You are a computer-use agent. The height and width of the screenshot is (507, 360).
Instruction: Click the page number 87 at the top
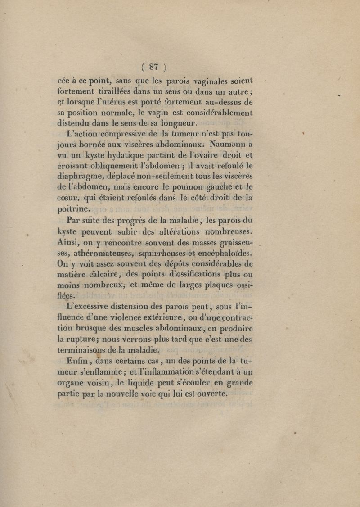[154, 67]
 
